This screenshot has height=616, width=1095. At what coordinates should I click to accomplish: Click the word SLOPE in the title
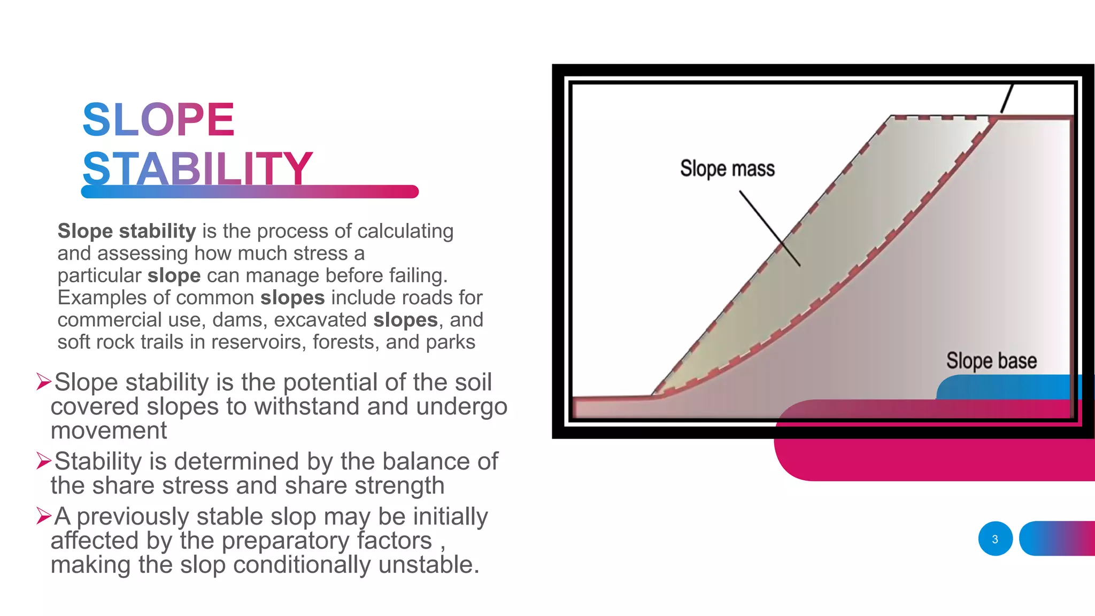(x=158, y=120)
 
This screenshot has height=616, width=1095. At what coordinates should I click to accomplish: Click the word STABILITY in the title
(x=197, y=168)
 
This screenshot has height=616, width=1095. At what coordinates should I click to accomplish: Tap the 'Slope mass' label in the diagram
(x=727, y=168)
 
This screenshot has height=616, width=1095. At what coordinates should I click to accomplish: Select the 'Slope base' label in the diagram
(x=991, y=361)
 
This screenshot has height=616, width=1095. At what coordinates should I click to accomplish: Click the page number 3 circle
(x=995, y=539)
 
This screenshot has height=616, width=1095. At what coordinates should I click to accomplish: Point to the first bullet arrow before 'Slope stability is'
(x=44, y=382)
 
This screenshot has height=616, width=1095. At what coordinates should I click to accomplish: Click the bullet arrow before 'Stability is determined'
(x=44, y=460)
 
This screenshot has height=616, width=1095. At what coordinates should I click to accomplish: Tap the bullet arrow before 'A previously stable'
(x=44, y=515)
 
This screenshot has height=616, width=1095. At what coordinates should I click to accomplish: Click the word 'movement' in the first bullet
(x=109, y=430)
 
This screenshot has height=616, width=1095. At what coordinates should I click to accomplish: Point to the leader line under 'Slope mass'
(x=770, y=229)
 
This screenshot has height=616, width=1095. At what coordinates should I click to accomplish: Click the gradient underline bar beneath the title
(x=250, y=191)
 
